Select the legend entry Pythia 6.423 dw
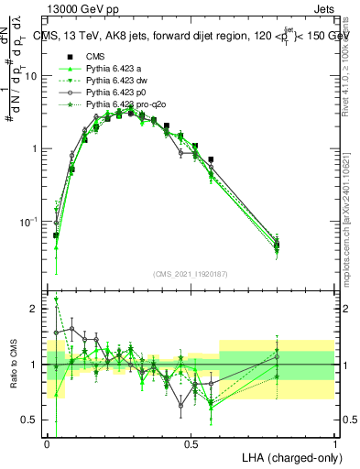click(x=114, y=81)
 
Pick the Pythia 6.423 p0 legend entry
click(x=114, y=93)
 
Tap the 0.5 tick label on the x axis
click(x=191, y=443)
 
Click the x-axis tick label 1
click(x=335, y=443)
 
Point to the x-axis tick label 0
click(x=47, y=443)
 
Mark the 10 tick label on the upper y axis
click(x=32, y=77)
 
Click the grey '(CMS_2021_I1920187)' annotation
click(x=191, y=275)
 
